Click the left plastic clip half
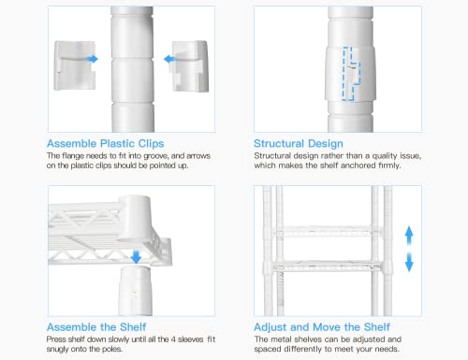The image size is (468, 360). tap(75, 65)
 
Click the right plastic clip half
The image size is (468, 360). tap(190, 66)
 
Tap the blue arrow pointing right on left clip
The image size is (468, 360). tap(93, 59)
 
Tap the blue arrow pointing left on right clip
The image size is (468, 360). tap(169, 59)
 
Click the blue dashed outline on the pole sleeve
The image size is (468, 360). tap(352, 74)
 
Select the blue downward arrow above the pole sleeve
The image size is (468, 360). tap(136, 256)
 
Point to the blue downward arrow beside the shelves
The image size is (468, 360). tap(409, 263)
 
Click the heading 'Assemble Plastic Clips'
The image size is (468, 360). tap(106, 144)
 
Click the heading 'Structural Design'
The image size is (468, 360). tap(299, 144)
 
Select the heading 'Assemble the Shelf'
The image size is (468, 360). tap(96, 327)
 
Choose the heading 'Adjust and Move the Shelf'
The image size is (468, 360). tap(322, 327)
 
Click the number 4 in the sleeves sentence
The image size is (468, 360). tap(173, 339)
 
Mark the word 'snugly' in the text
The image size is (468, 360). tap(57, 349)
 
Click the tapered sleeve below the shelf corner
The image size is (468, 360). tap(136, 290)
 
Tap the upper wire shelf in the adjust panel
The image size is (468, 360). tap(328, 231)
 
